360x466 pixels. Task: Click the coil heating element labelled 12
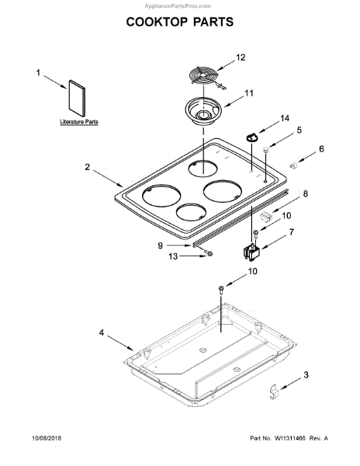[203, 77]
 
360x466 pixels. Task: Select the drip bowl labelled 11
[203, 111]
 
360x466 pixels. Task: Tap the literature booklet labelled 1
[77, 98]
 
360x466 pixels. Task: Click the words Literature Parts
[79, 122]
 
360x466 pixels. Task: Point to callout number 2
[87, 167]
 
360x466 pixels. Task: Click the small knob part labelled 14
[252, 137]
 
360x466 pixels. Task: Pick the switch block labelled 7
[251, 253]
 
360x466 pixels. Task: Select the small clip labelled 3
[273, 391]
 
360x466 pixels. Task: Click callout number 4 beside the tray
[102, 332]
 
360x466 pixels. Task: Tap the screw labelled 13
[209, 253]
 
